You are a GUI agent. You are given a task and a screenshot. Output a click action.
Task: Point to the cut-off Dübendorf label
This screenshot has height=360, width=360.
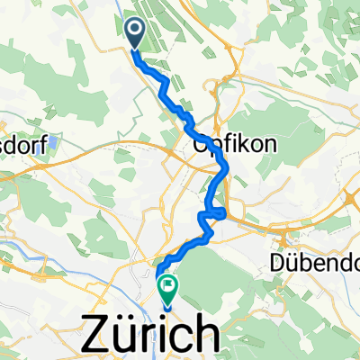point(314,265)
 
